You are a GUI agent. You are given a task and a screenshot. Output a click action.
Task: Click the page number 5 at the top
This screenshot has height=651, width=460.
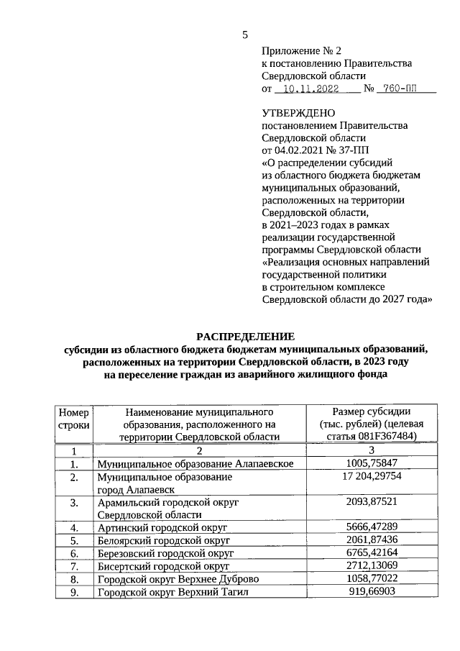coord(244,35)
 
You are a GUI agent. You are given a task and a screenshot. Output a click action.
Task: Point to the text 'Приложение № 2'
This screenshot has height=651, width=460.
coord(302,50)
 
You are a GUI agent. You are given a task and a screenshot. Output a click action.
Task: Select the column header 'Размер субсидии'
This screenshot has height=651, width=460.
coord(371,411)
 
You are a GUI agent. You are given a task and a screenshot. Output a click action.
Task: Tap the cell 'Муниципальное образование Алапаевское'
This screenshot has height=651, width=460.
coord(195,463)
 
